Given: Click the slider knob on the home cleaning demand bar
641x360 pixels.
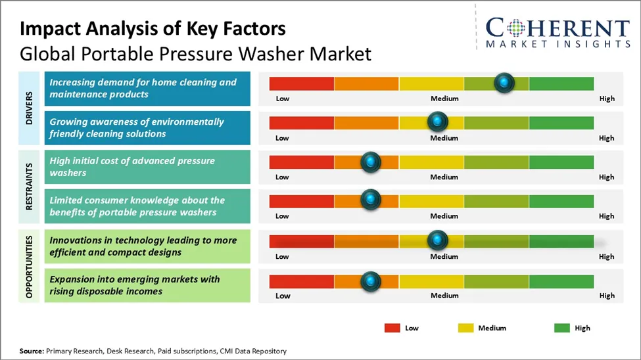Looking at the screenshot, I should click(504, 83).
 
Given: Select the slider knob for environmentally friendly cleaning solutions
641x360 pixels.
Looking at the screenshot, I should click(437, 122).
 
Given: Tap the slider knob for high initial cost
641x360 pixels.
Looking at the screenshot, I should click(371, 162).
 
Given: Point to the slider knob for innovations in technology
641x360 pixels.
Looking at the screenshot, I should click(437, 240).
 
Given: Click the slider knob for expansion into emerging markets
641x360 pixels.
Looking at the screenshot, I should click(371, 281).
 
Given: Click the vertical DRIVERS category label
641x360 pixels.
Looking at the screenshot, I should click(30, 108).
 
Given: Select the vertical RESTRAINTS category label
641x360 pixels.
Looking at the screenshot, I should click(30, 187).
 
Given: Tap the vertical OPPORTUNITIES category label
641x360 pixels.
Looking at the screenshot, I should click(30, 265).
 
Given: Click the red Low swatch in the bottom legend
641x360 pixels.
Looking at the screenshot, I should click(392, 327).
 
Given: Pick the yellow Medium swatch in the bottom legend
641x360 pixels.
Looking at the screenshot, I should click(465, 327).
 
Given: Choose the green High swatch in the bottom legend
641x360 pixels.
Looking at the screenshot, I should click(562, 327).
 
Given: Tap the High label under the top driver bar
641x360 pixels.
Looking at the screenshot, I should click(607, 99).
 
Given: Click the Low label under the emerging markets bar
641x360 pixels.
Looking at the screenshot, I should click(283, 296).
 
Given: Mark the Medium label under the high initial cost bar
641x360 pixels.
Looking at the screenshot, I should click(444, 177).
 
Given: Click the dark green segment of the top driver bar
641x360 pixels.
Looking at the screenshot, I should click(561, 83).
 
